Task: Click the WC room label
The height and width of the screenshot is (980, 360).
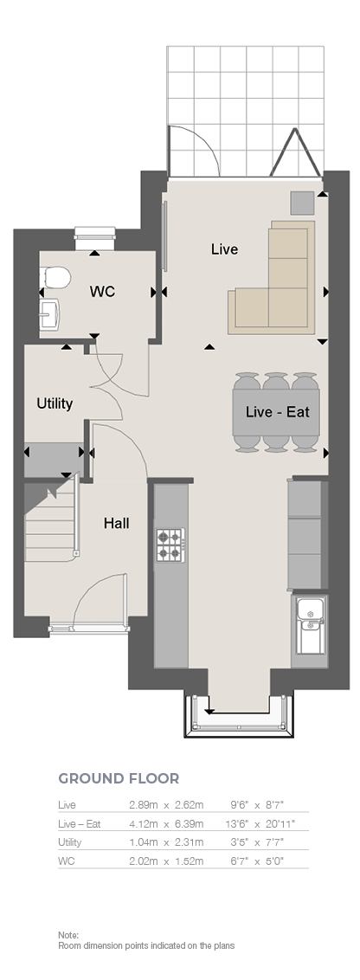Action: pyautogui.click(x=102, y=291)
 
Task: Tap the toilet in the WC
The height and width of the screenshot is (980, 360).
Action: pyautogui.click(x=55, y=276)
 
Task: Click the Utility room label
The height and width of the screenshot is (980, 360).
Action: pyautogui.click(x=55, y=403)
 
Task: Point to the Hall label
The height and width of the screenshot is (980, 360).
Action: pyautogui.click(x=116, y=523)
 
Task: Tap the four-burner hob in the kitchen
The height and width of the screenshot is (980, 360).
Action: pyautogui.click(x=170, y=545)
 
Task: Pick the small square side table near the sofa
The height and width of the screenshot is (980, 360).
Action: pyautogui.click(x=302, y=203)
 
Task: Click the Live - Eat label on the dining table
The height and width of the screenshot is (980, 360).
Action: pyautogui.click(x=278, y=412)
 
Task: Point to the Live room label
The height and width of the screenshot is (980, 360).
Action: pyautogui.click(x=224, y=249)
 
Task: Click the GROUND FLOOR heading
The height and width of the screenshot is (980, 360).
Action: pyautogui.click(x=119, y=778)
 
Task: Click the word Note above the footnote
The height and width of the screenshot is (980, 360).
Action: pyautogui.click(x=68, y=935)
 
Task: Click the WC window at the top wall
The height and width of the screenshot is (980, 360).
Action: pyautogui.click(x=96, y=235)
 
